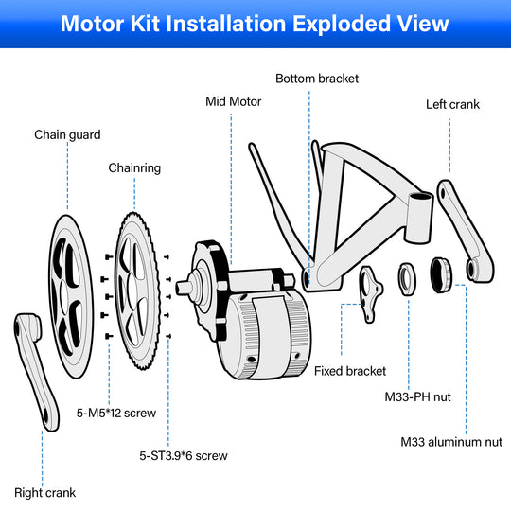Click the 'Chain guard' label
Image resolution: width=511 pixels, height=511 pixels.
point(67,135)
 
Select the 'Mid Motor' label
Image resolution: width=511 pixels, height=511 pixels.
point(234,101)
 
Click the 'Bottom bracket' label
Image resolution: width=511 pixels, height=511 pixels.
point(317,78)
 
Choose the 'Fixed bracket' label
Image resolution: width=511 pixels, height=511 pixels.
point(349,369)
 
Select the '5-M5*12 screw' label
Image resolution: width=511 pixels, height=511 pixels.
point(115,413)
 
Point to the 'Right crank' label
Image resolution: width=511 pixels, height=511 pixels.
point(44,492)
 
